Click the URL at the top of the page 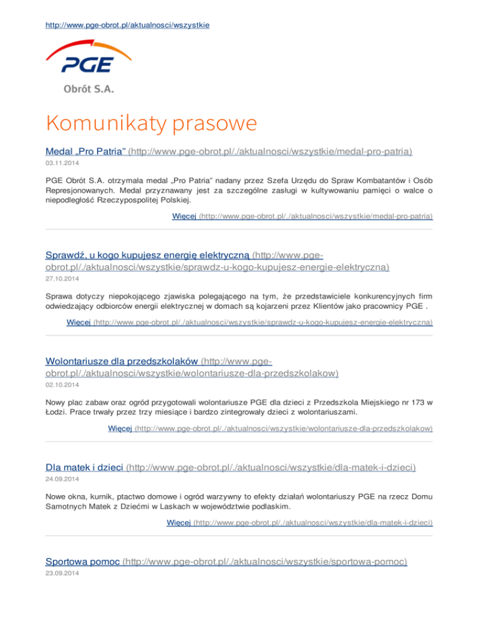coord(128,25)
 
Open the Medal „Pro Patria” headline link coord(86,151)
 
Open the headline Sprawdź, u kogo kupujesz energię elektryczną coord(148,255)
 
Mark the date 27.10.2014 coord(62,278)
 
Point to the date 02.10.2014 coord(62,385)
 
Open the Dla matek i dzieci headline coord(85,467)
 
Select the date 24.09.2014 coord(62,480)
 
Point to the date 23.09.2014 coord(62,574)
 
